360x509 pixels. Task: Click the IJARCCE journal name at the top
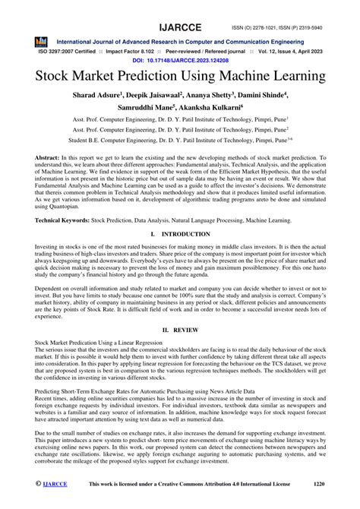[x=180, y=11]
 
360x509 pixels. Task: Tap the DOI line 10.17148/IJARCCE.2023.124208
[x=180, y=58]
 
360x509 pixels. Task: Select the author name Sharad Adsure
[x=126, y=96]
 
